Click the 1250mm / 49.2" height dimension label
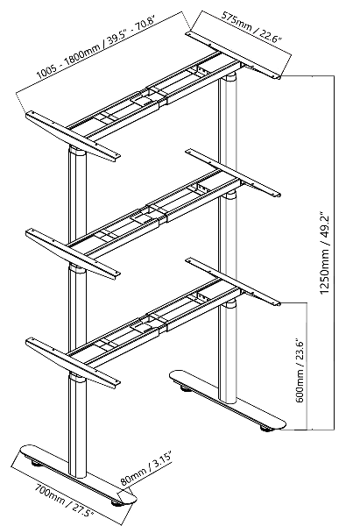tap(324, 252)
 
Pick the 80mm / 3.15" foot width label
tap(145, 469)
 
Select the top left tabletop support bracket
tap(73, 136)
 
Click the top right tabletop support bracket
tap(233, 55)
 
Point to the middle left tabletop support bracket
tap(73, 253)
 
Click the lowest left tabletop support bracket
tap(73, 362)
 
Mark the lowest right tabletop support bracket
tap(233, 281)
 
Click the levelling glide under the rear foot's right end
tap(266, 428)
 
